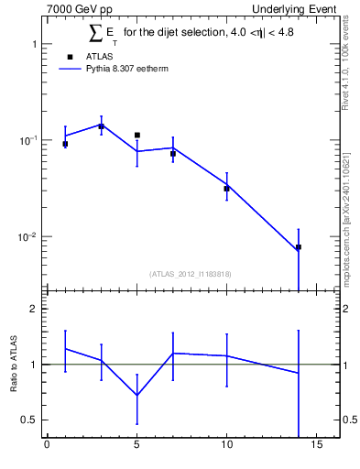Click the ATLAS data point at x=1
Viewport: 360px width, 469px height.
pos(65,144)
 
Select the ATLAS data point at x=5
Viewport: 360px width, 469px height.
pos(136,135)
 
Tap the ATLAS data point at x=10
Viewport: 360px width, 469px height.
pos(226,189)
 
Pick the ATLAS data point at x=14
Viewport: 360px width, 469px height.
pos(299,247)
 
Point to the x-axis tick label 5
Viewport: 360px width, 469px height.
pos(136,446)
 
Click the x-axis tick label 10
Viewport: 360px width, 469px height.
pos(226,446)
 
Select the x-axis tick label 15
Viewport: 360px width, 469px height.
pos(316,446)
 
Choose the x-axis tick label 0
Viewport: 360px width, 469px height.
pos(47,446)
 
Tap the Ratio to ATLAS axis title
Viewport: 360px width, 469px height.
pos(14,364)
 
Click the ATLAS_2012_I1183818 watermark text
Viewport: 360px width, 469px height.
pos(191,274)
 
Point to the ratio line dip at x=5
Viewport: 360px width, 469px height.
pos(136,395)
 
